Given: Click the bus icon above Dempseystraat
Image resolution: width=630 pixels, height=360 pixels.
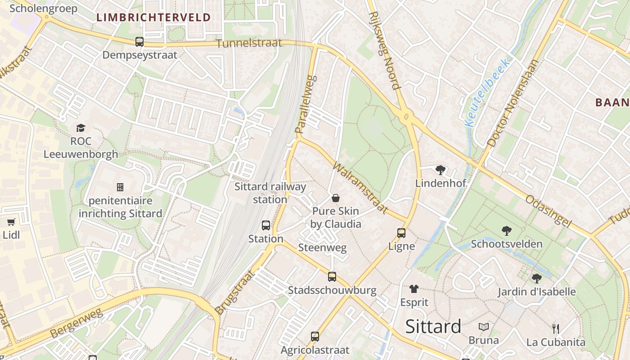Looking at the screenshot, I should (139, 42).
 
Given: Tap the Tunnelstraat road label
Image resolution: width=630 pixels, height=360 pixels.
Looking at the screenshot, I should (249, 43).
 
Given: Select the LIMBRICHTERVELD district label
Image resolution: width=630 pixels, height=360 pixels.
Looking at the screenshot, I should (153, 18).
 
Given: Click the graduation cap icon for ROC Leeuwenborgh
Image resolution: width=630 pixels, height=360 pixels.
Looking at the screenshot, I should (81, 128).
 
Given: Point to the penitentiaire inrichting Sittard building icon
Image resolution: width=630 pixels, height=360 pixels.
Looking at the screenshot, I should (120, 187).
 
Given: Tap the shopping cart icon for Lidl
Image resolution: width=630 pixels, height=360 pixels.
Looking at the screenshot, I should (11, 221).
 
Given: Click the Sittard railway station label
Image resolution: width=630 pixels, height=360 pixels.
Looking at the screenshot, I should (270, 193).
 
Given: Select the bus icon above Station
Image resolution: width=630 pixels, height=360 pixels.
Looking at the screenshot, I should (266, 225).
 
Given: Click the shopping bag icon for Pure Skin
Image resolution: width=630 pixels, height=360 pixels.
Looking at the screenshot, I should (336, 198).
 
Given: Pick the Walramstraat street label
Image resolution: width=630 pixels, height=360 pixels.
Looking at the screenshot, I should (360, 188).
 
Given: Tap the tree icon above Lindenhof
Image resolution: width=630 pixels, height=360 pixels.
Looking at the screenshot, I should (440, 170).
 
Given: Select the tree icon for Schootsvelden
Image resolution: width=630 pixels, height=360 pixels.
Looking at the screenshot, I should (506, 230).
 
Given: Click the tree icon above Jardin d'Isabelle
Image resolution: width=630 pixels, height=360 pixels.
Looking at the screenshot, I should (536, 278).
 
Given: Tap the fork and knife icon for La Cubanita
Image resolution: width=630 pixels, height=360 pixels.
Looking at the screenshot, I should (556, 328).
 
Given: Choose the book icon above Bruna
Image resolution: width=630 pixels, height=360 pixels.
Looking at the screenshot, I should (484, 327).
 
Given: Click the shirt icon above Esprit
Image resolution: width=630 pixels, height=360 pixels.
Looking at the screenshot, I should (414, 288).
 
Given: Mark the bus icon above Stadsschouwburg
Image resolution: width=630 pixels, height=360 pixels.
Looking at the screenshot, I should (332, 276).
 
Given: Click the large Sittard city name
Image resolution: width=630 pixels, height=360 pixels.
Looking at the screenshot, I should (433, 326).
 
